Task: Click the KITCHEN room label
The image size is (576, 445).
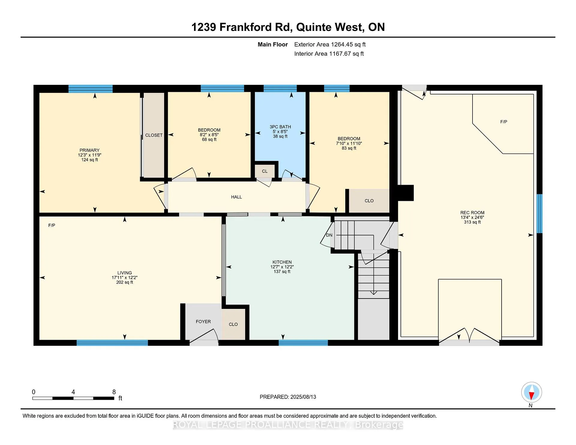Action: [282, 262]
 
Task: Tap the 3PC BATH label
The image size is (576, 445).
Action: [280, 127]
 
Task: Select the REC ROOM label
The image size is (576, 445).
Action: [472, 213]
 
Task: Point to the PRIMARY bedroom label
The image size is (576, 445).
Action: [89, 150]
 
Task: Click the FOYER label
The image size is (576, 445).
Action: [203, 321]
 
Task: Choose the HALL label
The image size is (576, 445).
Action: [236, 197]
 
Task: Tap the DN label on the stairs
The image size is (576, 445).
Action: [329, 235]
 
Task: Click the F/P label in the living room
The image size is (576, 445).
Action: [52, 225]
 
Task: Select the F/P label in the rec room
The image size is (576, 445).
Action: [504, 122]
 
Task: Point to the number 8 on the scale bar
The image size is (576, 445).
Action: [114, 392]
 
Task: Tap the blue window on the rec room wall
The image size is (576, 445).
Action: [539, 214]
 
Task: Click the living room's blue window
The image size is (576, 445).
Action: [112, 343]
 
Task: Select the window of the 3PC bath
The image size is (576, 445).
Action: [280, 88]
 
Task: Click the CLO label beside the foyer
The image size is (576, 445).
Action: [233, 324]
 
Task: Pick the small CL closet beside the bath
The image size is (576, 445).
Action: [265, 171]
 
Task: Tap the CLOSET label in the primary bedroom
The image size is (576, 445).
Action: [154, 135]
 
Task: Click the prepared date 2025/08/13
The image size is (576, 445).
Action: [303, 397]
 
